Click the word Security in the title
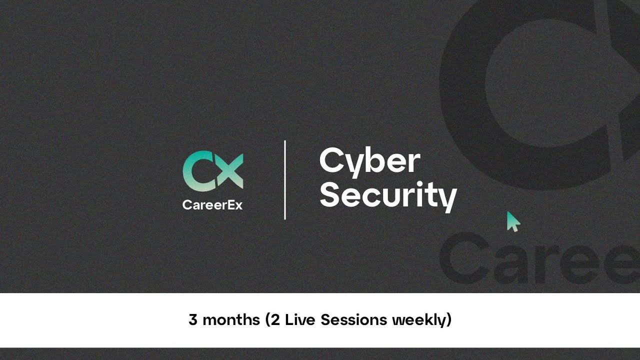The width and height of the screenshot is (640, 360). [388, 195]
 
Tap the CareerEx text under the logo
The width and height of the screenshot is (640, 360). [212, 204]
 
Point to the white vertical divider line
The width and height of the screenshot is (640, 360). [285, 180]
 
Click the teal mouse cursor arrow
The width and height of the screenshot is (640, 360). [512, 221]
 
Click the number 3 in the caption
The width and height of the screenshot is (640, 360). [193, 319]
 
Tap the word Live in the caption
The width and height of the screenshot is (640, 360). [300, 319]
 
